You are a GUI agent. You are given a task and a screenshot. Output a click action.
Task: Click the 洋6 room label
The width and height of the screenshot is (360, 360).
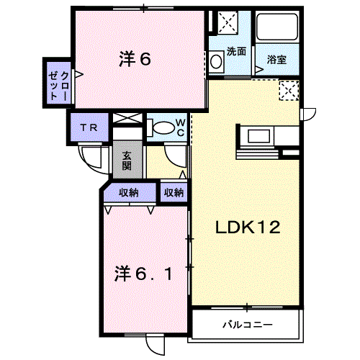point(135,59)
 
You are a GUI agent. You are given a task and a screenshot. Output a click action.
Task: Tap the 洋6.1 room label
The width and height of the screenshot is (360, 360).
point(143,274)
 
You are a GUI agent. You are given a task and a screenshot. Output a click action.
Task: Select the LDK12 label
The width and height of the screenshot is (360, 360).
point(248,228)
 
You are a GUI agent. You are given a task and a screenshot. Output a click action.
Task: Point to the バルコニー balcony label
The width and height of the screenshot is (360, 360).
point(248,325)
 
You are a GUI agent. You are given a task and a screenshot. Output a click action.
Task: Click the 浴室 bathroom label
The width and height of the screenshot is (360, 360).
point(276,60)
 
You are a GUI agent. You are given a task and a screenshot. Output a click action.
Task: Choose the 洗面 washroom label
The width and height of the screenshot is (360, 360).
point(236,51)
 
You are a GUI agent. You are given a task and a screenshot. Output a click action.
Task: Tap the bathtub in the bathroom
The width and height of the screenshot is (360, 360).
point(277,27)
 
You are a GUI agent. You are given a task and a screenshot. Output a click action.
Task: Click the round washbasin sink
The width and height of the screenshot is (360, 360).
point(216,62)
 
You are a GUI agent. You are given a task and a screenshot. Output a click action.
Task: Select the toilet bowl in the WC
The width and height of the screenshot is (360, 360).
point(163,128)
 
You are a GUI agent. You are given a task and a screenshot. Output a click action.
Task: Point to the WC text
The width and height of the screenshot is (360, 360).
point(181,128)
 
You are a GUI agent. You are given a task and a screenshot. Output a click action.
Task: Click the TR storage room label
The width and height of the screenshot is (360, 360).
point(89,127)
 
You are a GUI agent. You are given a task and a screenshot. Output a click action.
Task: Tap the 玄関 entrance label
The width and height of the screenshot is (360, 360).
point(127,161)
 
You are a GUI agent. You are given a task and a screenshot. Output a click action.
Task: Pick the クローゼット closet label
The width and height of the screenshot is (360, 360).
point(58,86)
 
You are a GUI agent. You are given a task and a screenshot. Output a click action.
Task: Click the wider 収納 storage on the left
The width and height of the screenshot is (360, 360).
point(129,192)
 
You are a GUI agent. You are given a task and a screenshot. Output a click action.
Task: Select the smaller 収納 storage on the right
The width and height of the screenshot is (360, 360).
point(174,192)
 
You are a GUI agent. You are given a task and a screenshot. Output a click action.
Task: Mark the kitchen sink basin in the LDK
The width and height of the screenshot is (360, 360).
point(258,136)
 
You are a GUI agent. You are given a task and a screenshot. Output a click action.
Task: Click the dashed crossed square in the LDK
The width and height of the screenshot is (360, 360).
point(289,91)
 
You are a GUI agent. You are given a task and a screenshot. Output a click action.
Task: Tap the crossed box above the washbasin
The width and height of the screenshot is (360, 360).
point(228,22)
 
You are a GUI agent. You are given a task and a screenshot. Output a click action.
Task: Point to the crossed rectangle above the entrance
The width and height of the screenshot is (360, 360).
point(127,118)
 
